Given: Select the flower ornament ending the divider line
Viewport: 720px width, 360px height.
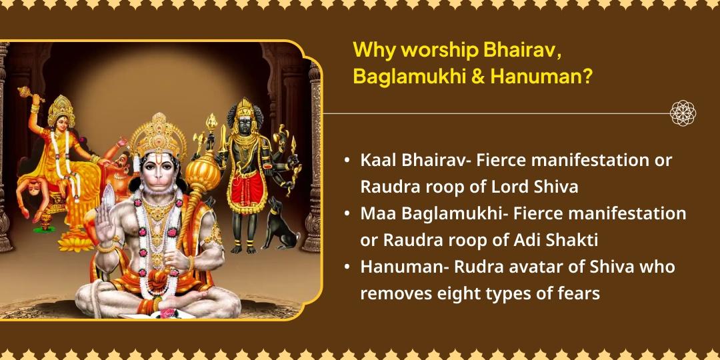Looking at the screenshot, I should point(683,113).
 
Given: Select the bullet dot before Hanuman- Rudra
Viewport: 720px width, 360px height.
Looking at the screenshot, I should point(347,267).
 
